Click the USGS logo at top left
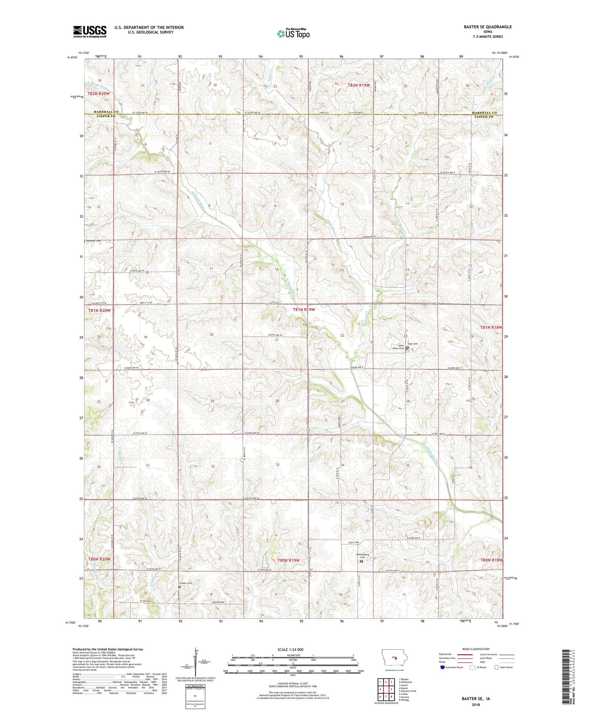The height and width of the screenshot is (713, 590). pyautogui.click(x=90, y=31)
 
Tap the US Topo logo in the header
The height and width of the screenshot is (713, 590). pyautogui.click(x=293, y=34)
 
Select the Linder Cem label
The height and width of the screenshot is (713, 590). pyautogui.click(x=185, y=583)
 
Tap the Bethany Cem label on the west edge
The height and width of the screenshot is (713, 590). pyautogui.click(x=94, y=241)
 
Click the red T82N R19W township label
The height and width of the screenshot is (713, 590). pyautogui.click(x=359, y=85)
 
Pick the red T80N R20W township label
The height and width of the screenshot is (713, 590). pyautogui.click(x=99, y=559)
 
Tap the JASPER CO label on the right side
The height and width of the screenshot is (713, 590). pyautogui.click(x=483, y=117)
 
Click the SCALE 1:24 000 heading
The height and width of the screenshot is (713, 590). pyautogui.click(x=291, y=649)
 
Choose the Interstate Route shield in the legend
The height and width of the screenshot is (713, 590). pyautogui.click(x=442, y=667)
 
